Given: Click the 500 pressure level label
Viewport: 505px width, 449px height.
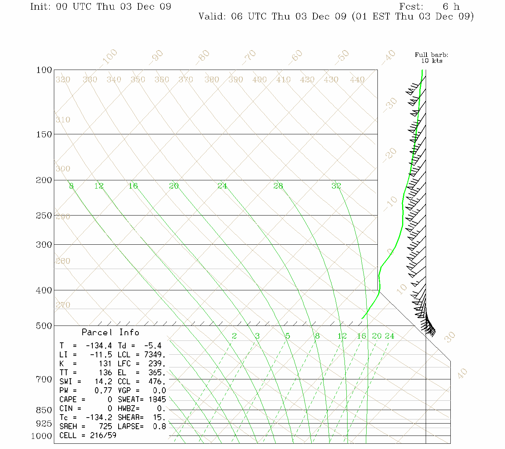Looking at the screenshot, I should [44, 326].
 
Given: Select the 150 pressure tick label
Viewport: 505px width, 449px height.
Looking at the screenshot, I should [44, 134].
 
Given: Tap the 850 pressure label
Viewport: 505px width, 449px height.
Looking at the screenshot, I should [44, 410].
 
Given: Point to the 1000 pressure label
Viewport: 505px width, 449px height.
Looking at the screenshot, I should [42, 436].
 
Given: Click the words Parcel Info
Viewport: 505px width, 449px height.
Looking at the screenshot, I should [110, 332].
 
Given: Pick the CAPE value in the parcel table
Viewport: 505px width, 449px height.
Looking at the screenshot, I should [110, 400].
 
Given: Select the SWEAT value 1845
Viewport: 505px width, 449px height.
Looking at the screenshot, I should [157, 400].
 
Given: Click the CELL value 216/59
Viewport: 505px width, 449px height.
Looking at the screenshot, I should [103, 436].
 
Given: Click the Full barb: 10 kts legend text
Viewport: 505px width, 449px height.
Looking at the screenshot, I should [431, 58].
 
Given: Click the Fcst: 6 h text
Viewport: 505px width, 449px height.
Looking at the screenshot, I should [429, 7].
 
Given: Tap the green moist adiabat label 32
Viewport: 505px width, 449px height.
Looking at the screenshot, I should [336, 186].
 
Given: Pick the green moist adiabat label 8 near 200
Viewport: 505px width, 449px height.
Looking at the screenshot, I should [71, 186].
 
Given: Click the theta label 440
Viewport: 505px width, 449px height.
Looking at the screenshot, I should [357, 80].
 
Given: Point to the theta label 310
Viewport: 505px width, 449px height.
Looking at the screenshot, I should [63, 120].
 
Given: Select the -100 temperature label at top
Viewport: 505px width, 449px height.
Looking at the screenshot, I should [109, 57].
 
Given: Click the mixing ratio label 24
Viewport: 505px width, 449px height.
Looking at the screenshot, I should [389, 336].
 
